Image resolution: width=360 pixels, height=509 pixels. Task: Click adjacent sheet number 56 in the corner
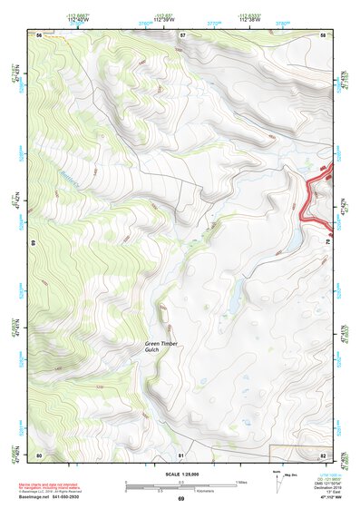pos(39,34)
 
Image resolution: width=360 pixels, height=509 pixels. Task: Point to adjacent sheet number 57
pos(182,34)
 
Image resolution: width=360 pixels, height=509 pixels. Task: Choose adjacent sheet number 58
pos(324,34)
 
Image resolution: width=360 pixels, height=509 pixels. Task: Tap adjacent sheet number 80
pos(39,455)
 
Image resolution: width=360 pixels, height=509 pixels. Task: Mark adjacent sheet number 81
pos(181,455)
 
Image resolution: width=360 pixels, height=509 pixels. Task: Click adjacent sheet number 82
pos(324,455)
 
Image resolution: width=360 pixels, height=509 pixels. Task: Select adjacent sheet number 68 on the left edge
pos(34,243)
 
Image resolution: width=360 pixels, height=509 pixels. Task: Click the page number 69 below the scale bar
pos(180,499)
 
